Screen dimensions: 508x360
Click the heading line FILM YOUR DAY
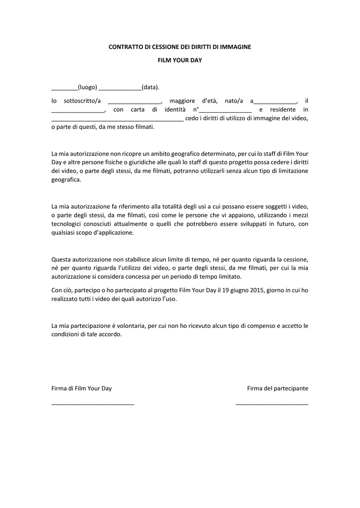click(x=180, y=60)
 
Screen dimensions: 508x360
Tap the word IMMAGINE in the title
click(x=235, y=47)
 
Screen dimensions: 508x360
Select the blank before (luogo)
click(x=64, y=88)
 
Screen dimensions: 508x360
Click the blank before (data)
click(x=120, y=88)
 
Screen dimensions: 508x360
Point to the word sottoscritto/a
click(x=82, y=101)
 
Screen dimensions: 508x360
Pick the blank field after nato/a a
click(x=275, y=102)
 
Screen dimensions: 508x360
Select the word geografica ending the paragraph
click(x=66, y=180)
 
